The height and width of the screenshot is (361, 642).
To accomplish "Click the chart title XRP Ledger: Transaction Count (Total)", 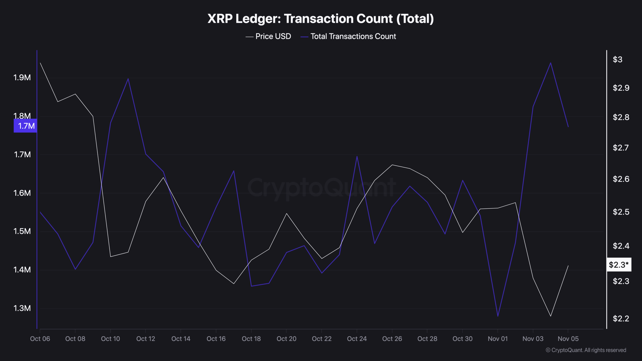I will tap(320, 19).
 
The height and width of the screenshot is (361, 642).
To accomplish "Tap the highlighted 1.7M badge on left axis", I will tap(26, 126).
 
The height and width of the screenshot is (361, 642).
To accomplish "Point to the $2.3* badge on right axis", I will tap(619, 265).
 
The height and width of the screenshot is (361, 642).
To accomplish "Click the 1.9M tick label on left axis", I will tap(22, 78).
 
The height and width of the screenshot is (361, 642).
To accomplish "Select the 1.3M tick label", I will tap(22, 308).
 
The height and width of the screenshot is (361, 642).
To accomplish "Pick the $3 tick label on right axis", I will tap(617, 59).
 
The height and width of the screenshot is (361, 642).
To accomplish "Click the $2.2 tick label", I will tap(621, 319).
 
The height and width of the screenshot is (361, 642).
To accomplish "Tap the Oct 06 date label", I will tap(40, 339).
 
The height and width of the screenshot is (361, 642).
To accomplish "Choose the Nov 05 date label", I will tap(568, 339).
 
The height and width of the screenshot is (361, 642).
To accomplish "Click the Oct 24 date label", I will tap(357, 339).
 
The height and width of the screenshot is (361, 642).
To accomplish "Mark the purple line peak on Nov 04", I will tap(550, 63).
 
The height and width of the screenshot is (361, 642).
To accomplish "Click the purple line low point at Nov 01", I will tap(498, 316).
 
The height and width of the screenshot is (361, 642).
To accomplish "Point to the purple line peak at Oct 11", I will tap(128, 79).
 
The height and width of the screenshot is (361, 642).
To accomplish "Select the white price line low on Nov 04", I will tap(550, 316).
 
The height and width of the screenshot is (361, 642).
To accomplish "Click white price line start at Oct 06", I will tap(40, 63).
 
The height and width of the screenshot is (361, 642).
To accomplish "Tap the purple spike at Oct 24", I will tap(357, 156).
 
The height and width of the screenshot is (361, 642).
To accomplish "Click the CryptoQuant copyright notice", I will tap(586, 350).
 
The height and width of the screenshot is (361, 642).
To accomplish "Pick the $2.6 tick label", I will tap(621, 179).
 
